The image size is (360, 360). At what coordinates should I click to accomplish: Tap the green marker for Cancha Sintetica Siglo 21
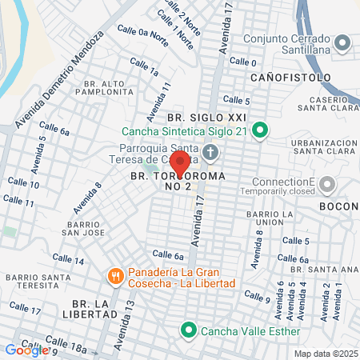pyautogui.click(x=261, y=129)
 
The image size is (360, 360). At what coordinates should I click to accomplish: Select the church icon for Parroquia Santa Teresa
pyautogui.click(x=210, y=152)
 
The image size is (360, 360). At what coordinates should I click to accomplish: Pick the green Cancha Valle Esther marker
pyautogui.click(x=189, y=329)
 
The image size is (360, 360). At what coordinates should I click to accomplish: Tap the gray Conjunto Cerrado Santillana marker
pyautogui.click(x=343, y=43)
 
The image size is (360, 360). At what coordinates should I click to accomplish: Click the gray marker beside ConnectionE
pyautogui.click(x=326, y=186)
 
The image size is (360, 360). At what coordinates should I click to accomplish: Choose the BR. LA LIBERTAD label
pyautogui.click(x=100, y=309)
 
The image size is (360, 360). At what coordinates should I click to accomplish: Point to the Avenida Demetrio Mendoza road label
pyautogui.click(x=61, y=80)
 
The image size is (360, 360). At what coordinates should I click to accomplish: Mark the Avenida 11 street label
pyautogui.click(x=163, y=98)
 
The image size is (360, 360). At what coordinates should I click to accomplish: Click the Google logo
pyautogui.click(x=26, y=350)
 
